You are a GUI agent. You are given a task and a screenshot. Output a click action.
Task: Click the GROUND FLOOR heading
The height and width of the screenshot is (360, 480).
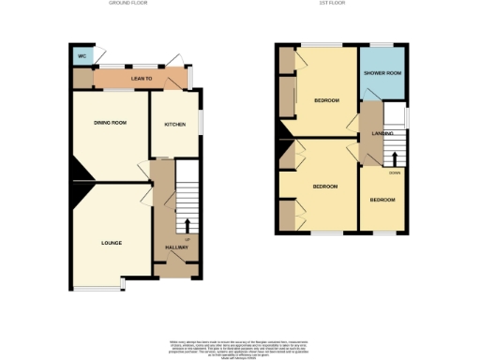(130, 4)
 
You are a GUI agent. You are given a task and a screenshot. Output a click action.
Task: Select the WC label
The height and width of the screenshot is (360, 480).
(82, 53)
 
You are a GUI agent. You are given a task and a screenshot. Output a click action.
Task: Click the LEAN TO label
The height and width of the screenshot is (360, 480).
(142, 80)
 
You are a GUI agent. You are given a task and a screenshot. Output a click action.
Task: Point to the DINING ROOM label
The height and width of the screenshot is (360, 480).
(110, 123)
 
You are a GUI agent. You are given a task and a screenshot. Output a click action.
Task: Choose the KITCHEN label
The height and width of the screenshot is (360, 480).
(175, 125)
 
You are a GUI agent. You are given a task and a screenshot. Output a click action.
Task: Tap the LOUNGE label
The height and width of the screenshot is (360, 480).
(112, 243)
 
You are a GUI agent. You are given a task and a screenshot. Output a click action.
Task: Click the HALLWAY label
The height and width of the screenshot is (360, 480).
(176, 247)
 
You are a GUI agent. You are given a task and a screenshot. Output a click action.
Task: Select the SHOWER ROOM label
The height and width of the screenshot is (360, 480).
(382, 73)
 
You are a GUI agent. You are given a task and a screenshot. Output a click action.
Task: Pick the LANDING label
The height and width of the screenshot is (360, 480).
(382, 134)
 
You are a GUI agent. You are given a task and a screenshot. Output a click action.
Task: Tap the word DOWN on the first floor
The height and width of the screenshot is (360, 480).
(395, 172)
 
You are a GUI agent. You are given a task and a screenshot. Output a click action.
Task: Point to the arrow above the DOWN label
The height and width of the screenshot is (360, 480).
(395, 158)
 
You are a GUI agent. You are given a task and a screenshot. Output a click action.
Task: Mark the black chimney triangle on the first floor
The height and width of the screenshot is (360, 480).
(281, 148)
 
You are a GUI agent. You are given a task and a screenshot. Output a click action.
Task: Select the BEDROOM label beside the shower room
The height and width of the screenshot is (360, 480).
(326, 100)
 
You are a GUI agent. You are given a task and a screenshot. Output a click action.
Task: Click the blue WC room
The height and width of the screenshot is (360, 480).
(82, 54)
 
